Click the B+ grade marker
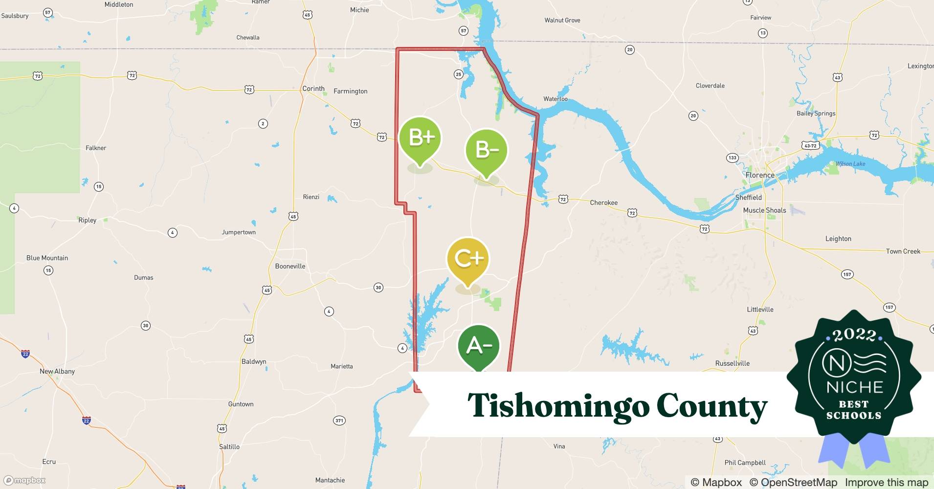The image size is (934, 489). pos(420,139)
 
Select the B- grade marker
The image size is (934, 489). pos(487,151)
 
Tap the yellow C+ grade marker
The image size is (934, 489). pos(468,259)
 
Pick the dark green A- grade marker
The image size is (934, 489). pos(479,346)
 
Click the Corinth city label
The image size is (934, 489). pos(313,89)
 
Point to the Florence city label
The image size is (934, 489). pos(759,175)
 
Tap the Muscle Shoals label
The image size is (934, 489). pos(764,210)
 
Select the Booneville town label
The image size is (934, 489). pos(290,266)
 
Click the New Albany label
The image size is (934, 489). pos(57,371)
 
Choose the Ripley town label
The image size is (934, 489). pos(88,220)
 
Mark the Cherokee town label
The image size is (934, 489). pos(603,202)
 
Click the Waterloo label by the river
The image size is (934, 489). pos(556,99)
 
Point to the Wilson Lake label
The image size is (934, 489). pos(850,164)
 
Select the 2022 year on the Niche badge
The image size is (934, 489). pos(854,335)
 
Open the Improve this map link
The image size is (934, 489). pos(886,482)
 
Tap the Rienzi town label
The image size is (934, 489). pos(311,197)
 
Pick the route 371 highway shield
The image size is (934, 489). pos(339,421)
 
